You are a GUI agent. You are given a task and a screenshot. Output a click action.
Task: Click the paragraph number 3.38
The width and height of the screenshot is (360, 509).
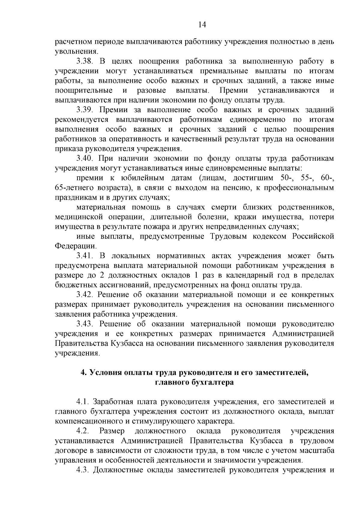(x=85, y=62)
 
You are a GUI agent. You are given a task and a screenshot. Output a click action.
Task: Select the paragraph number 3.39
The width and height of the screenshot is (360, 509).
(x=85, y=110)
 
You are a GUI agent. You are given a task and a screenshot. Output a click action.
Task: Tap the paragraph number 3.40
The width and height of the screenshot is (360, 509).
(x=85, y=159)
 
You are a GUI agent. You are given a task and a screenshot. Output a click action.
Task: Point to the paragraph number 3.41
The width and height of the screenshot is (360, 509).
(x=85, y=256)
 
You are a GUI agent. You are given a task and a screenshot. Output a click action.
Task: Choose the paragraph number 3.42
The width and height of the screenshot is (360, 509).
(x=85, y=295)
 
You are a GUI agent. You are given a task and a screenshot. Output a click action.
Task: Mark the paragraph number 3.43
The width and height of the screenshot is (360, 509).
(x=85, y=324)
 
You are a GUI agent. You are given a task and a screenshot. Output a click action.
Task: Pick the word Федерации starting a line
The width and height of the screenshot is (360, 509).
(x=76, y=247)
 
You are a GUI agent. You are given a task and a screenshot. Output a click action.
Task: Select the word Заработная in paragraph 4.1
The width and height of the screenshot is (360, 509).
(x=113, y=402)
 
